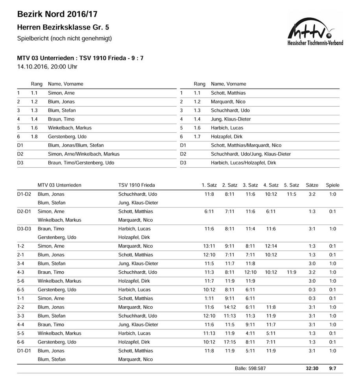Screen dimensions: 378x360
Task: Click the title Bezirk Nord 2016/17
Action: coord(57,15)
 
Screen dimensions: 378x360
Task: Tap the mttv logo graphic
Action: coord(312,28)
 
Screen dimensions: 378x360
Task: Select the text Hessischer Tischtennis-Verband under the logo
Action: coord(315,43)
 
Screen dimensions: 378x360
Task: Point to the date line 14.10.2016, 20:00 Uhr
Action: coord(47,67)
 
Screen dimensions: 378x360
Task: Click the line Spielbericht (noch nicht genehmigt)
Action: coord(65,39)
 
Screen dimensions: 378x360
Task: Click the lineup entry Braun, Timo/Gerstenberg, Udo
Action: coord(81,163)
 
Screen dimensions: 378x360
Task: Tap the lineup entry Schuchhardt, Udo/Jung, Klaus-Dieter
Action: coord(251,154)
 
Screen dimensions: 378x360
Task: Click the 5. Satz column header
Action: coord(291,185)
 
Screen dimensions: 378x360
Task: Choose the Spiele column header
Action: coord(332,185)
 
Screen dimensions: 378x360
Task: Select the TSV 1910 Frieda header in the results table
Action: coord(137,185)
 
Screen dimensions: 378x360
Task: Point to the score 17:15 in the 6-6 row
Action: coord(230,342)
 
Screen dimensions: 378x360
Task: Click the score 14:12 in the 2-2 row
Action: coord(230,307)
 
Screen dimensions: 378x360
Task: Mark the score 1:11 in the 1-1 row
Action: coord(209,298)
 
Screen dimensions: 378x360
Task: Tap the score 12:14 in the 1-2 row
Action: coord(271,246)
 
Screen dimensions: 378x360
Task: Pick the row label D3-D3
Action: coord(24,229)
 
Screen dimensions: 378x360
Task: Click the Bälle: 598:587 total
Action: coord(250,369)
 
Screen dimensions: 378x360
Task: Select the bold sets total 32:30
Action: coord(312,369)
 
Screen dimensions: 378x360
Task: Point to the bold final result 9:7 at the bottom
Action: coord(332,369)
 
